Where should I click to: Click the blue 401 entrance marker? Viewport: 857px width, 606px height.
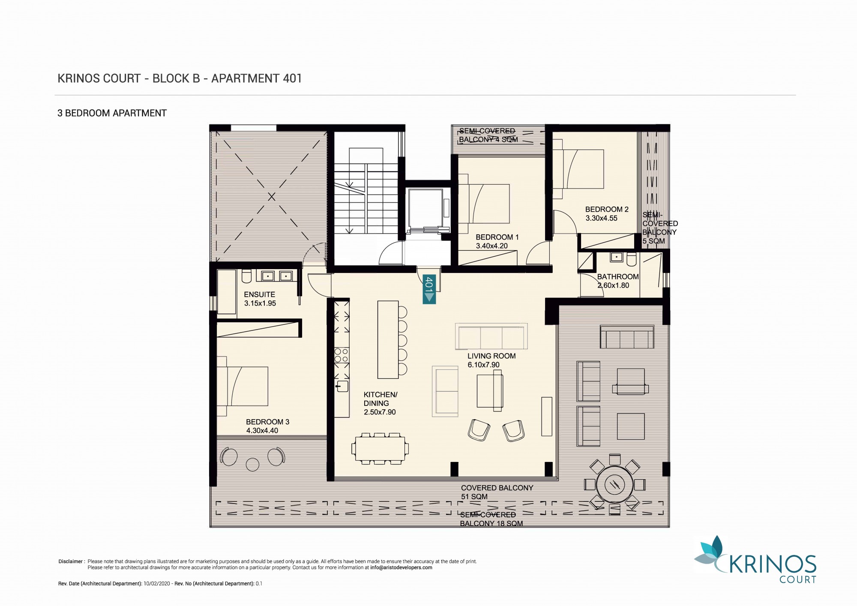[429, 289]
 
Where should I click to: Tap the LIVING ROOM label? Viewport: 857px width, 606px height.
[491, 356]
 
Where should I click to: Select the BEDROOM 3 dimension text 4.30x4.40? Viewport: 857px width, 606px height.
[262, 431]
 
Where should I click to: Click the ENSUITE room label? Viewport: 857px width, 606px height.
[260, 294]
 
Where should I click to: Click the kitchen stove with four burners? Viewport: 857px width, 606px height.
[342, 356]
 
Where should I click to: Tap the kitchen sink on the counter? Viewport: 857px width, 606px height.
[342, 386]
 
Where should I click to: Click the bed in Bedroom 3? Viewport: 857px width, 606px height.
[243, 386]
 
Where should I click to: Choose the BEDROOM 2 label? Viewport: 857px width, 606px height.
[607, 210]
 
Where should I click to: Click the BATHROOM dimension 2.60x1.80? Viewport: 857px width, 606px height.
[613, 285]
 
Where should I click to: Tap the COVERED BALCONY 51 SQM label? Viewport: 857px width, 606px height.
[497, 492]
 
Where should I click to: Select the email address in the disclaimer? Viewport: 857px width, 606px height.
[401, 567]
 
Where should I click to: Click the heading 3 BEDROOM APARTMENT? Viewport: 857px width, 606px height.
[112, 113]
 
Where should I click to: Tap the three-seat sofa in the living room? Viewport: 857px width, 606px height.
[491, 337]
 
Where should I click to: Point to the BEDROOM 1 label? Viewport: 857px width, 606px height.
[497, 237]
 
